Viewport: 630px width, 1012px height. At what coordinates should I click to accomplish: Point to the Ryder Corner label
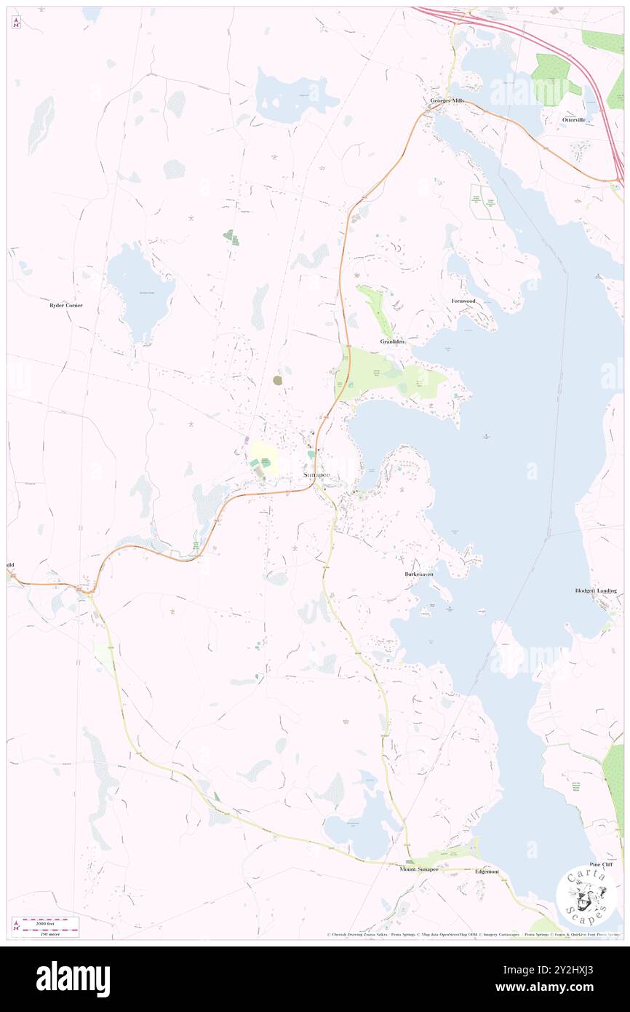65,305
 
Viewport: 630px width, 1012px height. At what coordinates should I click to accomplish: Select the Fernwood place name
463,301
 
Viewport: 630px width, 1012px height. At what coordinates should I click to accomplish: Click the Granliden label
392,341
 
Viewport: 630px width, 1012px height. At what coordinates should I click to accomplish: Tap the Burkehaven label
419,574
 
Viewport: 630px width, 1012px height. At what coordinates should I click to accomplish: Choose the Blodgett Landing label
596,590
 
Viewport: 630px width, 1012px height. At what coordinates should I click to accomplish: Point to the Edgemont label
487,871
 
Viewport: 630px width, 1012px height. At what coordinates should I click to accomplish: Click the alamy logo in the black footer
73,979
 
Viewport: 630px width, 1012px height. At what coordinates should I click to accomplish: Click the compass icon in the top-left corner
16,23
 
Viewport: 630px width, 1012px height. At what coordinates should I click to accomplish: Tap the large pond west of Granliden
140,291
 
